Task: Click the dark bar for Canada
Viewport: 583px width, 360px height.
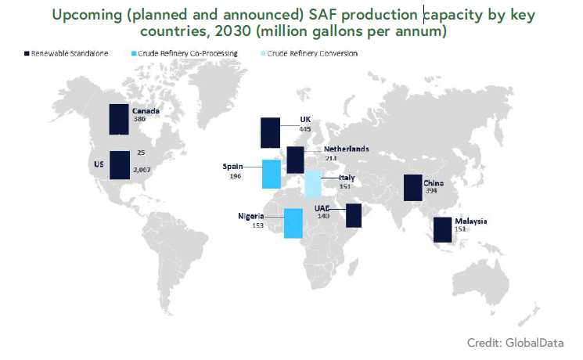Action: pos(118,118)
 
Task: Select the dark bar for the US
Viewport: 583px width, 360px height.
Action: pos(119,165)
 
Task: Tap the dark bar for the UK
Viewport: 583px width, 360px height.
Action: pos(270,132)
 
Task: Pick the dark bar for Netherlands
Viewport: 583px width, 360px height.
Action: pos(295,159)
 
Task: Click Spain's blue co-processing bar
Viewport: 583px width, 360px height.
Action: pos(271,174)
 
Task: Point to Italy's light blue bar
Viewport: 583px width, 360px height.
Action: pos(312,184)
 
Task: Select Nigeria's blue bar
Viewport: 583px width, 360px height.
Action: pos(293,222)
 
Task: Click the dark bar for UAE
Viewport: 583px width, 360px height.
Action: pos(353,215)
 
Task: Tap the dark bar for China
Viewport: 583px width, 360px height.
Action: pos(412,188)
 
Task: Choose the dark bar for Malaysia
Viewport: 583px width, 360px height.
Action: pos(442,229)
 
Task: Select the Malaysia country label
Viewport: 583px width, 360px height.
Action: pos(471,221)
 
